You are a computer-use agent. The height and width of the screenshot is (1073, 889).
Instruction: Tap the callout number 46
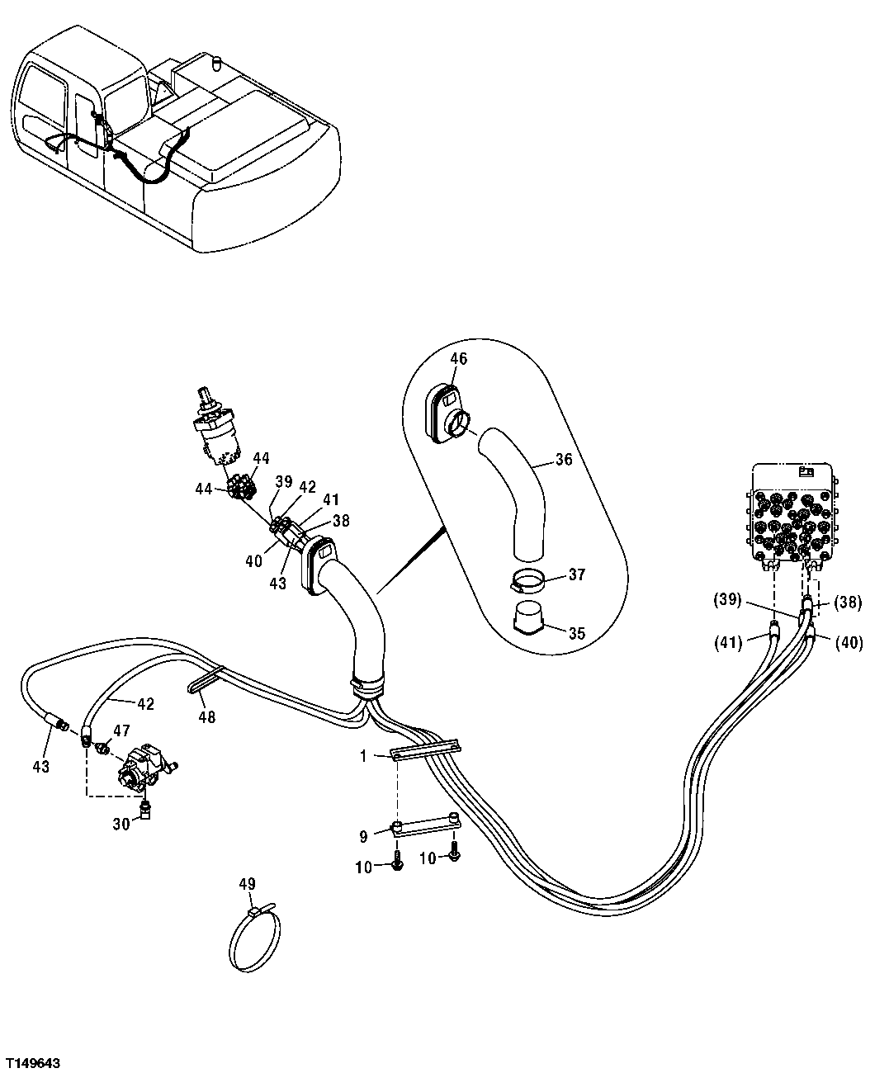pyautogui.click(x=458, y=358)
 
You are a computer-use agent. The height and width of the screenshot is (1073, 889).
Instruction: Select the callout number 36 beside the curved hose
pyautogui.click(x=564, y=460)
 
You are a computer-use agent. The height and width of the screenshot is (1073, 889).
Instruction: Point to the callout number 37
pyautogui.click(x=577, y=574)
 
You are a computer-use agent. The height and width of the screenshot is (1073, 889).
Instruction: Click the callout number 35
pyautogui.click(x=577, y=634)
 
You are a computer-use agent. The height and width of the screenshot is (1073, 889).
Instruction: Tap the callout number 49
pyautogui.click(x=247, y=884)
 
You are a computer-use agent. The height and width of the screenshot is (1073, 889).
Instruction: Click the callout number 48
pyautogui.click(x=206, y=717)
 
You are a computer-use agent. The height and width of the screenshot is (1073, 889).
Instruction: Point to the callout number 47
pyautogui.click(x=121, y=730)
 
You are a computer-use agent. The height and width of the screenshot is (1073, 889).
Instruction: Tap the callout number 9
pyautogui.click(x=363, y=836)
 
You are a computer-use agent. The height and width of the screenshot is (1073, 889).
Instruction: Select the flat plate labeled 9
pyautogui.click(x=424, y=824)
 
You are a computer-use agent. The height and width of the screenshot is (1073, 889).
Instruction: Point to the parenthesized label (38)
pyautogui.click(x=846, y=603)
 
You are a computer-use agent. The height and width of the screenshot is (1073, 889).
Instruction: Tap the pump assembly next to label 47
pyautogui.click(x=144, y=768)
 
